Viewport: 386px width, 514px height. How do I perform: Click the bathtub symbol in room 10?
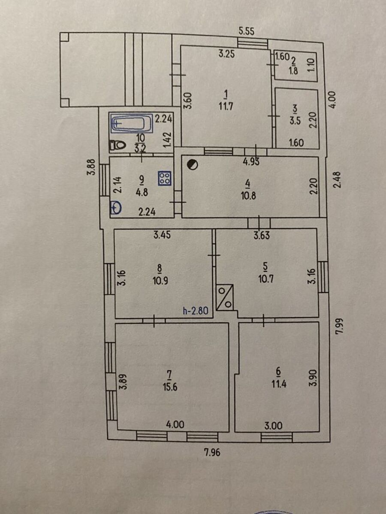[x=132, y=123]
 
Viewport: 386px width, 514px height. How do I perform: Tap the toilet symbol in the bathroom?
[x=118, y=145]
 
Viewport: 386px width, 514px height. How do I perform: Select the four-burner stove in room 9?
[x=165, y=178]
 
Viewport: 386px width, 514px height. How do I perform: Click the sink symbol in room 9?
[x=116, y=207]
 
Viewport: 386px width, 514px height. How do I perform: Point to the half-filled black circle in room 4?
[x=193, y=164]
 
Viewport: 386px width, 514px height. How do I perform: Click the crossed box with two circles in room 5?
[x=224, y=297]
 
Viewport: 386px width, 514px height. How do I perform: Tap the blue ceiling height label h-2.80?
[x=195, y=311]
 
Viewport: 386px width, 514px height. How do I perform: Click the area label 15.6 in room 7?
[x=170, y=387]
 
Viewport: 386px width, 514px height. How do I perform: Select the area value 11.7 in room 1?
[x=226, y=107]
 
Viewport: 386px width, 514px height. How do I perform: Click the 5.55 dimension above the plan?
[x=246, y=31]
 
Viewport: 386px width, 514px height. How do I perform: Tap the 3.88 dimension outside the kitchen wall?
[x=93, y=167]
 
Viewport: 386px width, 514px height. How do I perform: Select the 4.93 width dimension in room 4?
[x=251, y=162]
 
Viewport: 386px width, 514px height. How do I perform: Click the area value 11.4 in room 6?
[x=279, y=384]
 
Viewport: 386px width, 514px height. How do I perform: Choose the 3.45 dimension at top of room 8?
[x=162, y=235]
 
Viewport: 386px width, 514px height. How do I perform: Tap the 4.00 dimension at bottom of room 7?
[x=175, y=424]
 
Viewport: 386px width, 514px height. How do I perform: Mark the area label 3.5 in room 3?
[x=295, y=121]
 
